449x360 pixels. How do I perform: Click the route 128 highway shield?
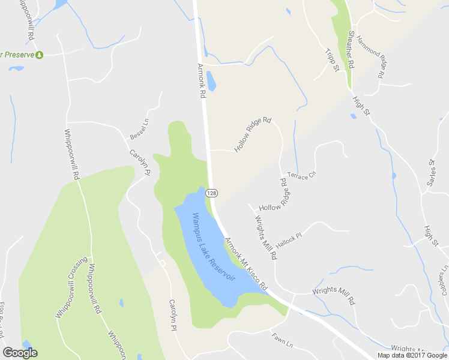[x=211, y=193]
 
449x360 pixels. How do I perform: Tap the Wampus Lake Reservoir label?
[x=213, y=246]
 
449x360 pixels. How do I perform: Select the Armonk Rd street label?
[x=201, y=79]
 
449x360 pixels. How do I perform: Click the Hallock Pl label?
[x=288, y=239]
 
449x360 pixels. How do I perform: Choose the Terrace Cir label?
[x=301, y=175]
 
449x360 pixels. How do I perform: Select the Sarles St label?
[x=430, y=173]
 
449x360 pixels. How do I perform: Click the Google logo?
[x=20, y=353]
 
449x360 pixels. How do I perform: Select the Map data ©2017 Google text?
[x=412, y=355]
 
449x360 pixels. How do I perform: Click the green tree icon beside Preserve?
[x=40, y=55]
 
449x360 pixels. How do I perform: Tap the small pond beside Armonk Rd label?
[x=211, y=81]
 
